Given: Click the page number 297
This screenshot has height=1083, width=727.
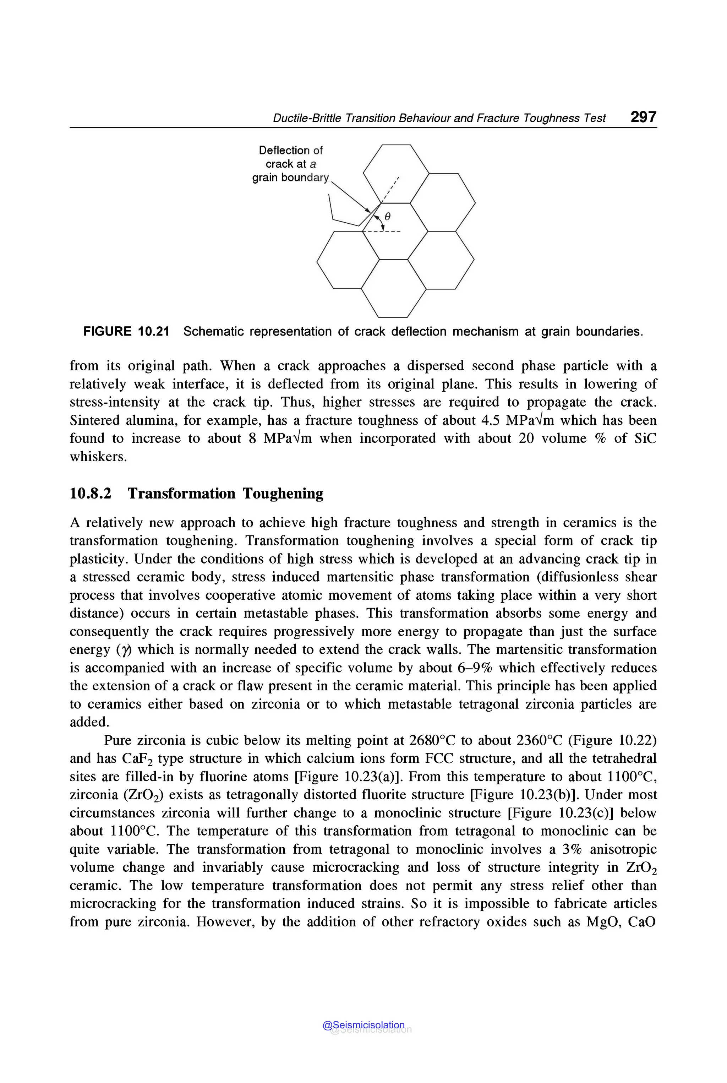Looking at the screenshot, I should [x=643, y=116].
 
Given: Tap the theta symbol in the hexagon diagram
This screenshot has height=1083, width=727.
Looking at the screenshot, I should [x=388, y=217].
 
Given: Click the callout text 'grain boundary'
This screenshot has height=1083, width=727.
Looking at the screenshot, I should [x=290, y=178].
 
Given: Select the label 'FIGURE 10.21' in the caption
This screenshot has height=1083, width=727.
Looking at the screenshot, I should [x=126, y=332].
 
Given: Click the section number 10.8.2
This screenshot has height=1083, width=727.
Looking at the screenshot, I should [x=91, y=493].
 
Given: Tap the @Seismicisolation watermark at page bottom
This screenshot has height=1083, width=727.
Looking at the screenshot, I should [x=363, y=1025].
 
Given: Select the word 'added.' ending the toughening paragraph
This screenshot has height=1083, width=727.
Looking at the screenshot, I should [x=89, y=722].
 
